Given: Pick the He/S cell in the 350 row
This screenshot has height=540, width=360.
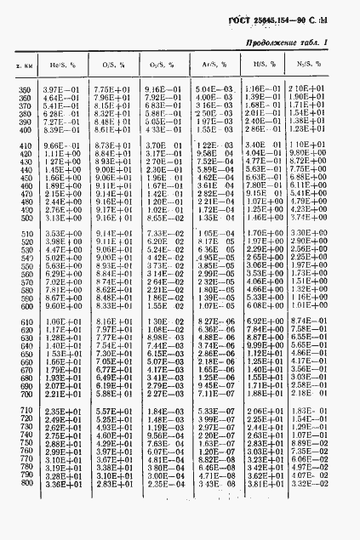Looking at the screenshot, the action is click(60, 90).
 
